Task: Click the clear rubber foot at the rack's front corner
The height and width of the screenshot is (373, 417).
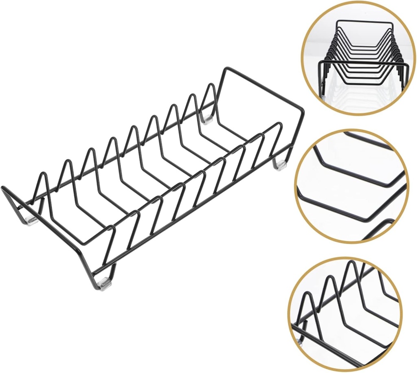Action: click(x=105, y=283)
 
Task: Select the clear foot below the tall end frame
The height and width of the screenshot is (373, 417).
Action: click(x=279, y=165)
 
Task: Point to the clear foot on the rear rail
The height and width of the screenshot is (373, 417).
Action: click(x=207, y=119)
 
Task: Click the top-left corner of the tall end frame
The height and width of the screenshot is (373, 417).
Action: click(x=225, y=69)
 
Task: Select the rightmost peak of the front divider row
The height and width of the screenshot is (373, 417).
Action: click(x=279, y=123)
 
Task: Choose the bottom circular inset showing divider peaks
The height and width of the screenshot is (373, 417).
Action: click(x=345, y=314)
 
